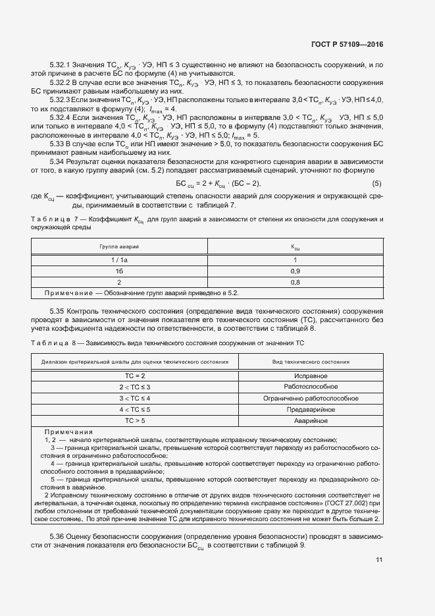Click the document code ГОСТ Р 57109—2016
tap(346, 45)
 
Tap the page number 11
tap(379, 559)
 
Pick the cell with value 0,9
tap(295, 271)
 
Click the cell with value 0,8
tap(295, 282)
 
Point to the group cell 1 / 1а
tap(119, 260)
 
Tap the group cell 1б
tap(119, 271)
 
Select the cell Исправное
tap(311, 374)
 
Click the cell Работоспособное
tap(311, 386)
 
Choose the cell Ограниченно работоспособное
tap(311, 398)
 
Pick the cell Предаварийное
tap(311, 409)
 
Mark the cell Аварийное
tap(311, 420)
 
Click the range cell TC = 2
tap(134, 374)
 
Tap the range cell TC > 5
tap(134, 420)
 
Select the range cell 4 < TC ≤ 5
tap(134, 409)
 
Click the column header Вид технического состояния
tap(311, 362)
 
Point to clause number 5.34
tap(59, 161)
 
